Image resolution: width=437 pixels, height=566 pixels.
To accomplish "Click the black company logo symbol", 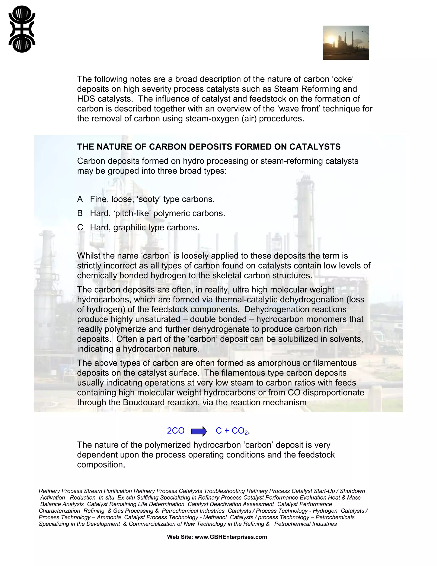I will (22, 29).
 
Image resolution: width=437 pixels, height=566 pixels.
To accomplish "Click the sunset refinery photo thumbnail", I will (346, 43).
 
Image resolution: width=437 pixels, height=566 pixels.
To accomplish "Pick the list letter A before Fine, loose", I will (80, 199).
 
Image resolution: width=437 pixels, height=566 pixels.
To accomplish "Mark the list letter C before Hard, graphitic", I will (80, 227).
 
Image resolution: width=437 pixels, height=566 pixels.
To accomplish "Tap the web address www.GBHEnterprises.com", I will (230, 537).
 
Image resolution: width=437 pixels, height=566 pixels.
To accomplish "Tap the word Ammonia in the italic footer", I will (109, 517).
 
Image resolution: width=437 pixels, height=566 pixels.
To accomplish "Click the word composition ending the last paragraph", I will (101, 465).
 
